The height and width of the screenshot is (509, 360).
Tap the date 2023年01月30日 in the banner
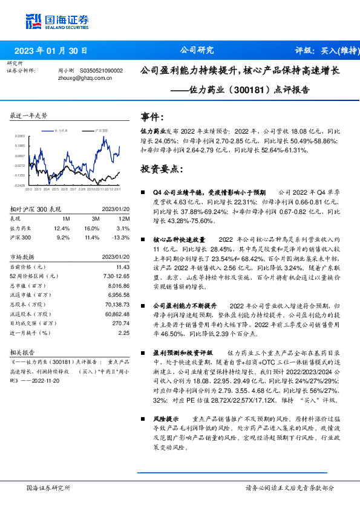[x=50, y=51]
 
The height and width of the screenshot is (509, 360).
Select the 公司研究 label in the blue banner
[x=197, y=51]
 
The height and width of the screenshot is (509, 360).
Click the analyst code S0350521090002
[x=101, y=70]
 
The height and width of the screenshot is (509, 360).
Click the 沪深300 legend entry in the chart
[x=100, y=130]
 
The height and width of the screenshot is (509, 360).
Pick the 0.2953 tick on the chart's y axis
[x=19, y=137]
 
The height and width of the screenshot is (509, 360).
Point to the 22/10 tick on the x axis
[x=91, y=189]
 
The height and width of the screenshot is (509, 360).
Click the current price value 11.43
[x=123, y=267]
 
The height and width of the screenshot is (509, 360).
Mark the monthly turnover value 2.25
[x=125, y=332]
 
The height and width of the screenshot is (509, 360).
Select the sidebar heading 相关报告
[x=23, y=351]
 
